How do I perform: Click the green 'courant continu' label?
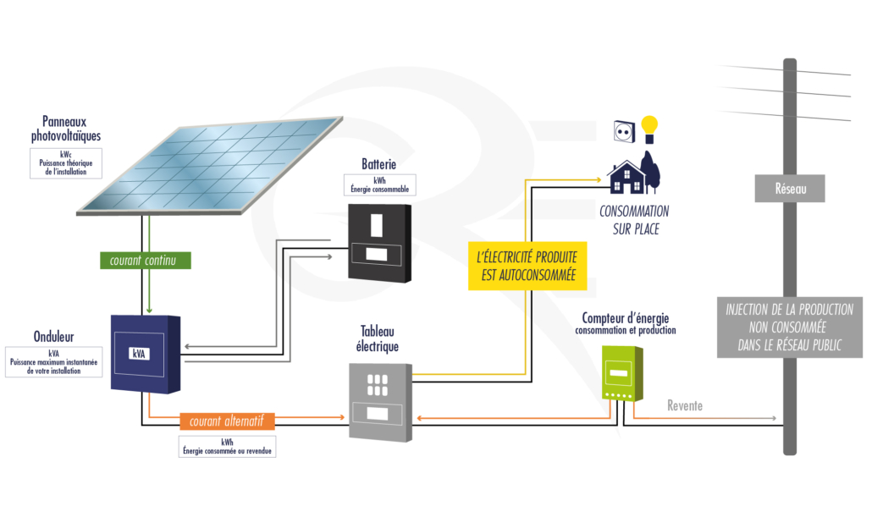pyautogui.click(x=143, y=261)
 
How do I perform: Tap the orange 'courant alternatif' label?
pyautogui.click(x=227, y=421)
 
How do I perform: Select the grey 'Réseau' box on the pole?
pyautogui.click(x=789, y=190)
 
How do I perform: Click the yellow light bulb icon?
pyautogui.click(x=649, y=129)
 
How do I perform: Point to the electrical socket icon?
pyautogui.click(x=624, y=130)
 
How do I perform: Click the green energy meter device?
pyautogui.click(x=622, y=372)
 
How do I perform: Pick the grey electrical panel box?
pyautogui.click(x=379, y=399)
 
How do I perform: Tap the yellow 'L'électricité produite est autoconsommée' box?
pyautogui.click(x=526, y=266)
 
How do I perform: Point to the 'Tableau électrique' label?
pyautogui.click(x=378, y=338)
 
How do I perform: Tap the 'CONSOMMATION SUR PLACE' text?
pyautogui.click(x=634, y=220)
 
